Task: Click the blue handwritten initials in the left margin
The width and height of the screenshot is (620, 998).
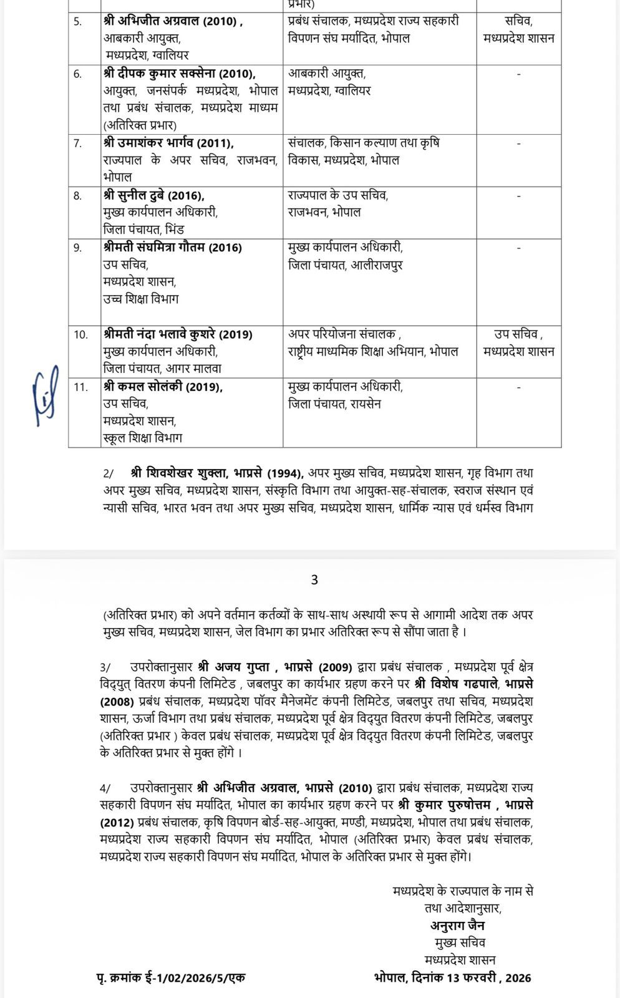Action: click(45, 396)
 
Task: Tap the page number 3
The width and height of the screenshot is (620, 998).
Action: click(314, 580)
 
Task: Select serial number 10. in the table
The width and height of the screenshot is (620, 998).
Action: click(81, 335)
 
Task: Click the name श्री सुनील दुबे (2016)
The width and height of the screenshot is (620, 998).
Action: click(154, 195)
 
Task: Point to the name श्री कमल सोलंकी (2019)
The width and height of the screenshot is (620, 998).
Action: click(163, 387)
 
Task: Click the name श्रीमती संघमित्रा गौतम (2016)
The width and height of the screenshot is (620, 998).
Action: click(173, 248)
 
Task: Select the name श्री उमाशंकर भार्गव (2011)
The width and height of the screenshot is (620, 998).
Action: click(168, 143)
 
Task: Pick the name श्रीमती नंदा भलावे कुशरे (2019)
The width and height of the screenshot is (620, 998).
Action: click(178, 334)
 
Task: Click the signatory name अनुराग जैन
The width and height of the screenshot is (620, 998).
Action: click(457, 925)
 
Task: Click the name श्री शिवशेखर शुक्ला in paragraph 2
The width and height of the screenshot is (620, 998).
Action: click(181, 473)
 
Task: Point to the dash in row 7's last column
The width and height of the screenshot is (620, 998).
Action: click(518, 143)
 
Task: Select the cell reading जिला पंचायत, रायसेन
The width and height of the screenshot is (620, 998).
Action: click(334, 404)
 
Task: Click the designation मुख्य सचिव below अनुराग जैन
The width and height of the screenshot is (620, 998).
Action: click(460, 942)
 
